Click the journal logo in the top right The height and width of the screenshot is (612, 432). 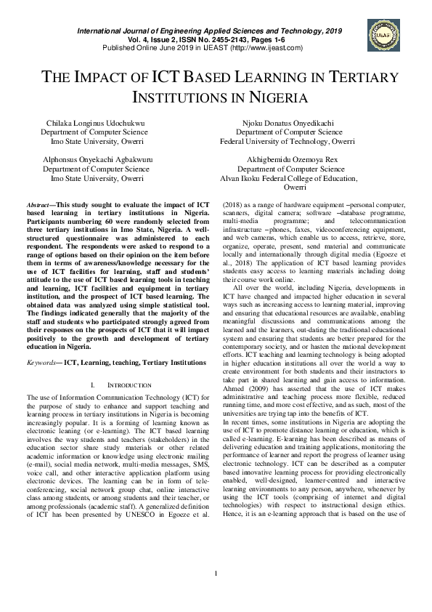coord(384,35)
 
